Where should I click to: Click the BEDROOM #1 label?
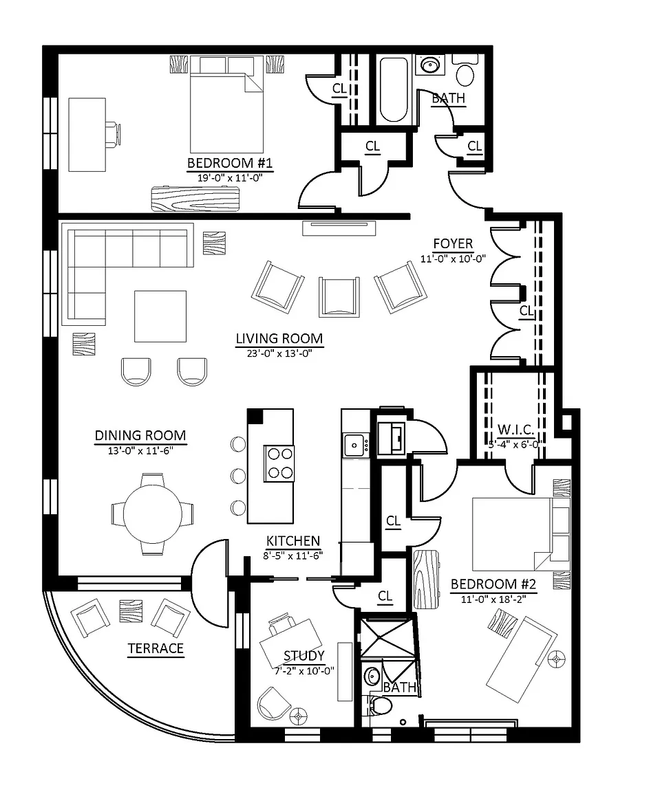point(231,164)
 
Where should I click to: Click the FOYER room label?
point(453,244)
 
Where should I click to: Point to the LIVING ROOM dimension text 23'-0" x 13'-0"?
point(279,353)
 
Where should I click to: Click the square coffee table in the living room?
point(160,316)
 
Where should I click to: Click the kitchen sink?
point(355,444)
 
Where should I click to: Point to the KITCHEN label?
point(293,541)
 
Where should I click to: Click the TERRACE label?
point(156,648)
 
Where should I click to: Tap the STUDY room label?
point(304,656)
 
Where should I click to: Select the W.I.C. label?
point(516,431)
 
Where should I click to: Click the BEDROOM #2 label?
point(493,585)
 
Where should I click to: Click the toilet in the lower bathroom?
point(380,705)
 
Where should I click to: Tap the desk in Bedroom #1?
point(87,134)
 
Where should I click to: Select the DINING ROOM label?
point(140,435)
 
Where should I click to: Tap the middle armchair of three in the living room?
point(339,296)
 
